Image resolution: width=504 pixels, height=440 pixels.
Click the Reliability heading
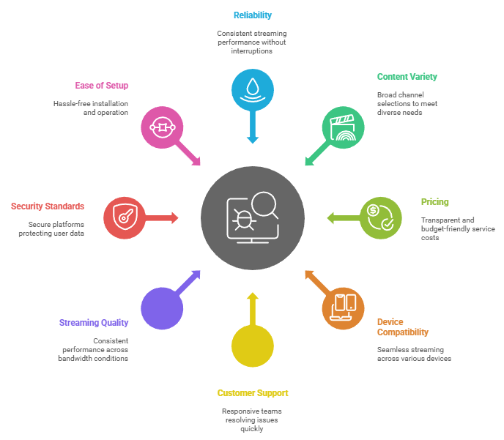251,15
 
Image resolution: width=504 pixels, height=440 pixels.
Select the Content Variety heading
407,77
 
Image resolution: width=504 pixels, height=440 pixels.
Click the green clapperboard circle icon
343,127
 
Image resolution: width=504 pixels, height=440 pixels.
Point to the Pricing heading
434,202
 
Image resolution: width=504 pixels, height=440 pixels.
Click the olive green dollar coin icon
380,217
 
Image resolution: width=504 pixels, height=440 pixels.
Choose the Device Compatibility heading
402,327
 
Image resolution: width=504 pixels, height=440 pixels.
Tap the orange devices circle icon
343,307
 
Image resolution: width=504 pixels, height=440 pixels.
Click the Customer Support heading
252,393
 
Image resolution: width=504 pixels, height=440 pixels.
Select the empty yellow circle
252,346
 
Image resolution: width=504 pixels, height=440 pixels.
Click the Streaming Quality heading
94,323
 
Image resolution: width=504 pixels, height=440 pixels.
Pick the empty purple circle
162,307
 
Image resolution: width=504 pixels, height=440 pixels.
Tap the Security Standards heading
48,206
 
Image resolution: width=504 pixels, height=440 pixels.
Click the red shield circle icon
125,217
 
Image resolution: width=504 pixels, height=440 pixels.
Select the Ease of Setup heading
101,86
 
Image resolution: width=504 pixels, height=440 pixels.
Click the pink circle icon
162,127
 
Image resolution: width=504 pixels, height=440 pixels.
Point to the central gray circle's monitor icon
252,217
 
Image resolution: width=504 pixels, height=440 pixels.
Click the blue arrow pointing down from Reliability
252,127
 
